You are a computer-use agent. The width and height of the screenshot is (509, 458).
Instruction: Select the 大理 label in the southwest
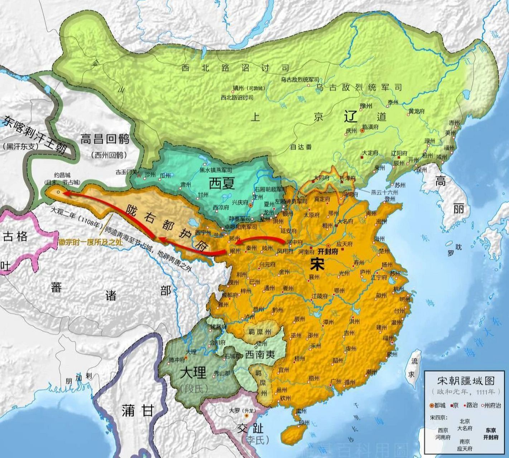193,373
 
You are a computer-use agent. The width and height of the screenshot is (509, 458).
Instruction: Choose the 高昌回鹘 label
105,139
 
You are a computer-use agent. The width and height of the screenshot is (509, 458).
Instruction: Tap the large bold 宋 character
318,264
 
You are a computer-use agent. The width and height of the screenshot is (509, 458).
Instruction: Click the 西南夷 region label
260,355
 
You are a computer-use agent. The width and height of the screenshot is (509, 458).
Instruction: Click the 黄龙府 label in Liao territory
417,111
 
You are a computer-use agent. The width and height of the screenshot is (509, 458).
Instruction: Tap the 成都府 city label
229,295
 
